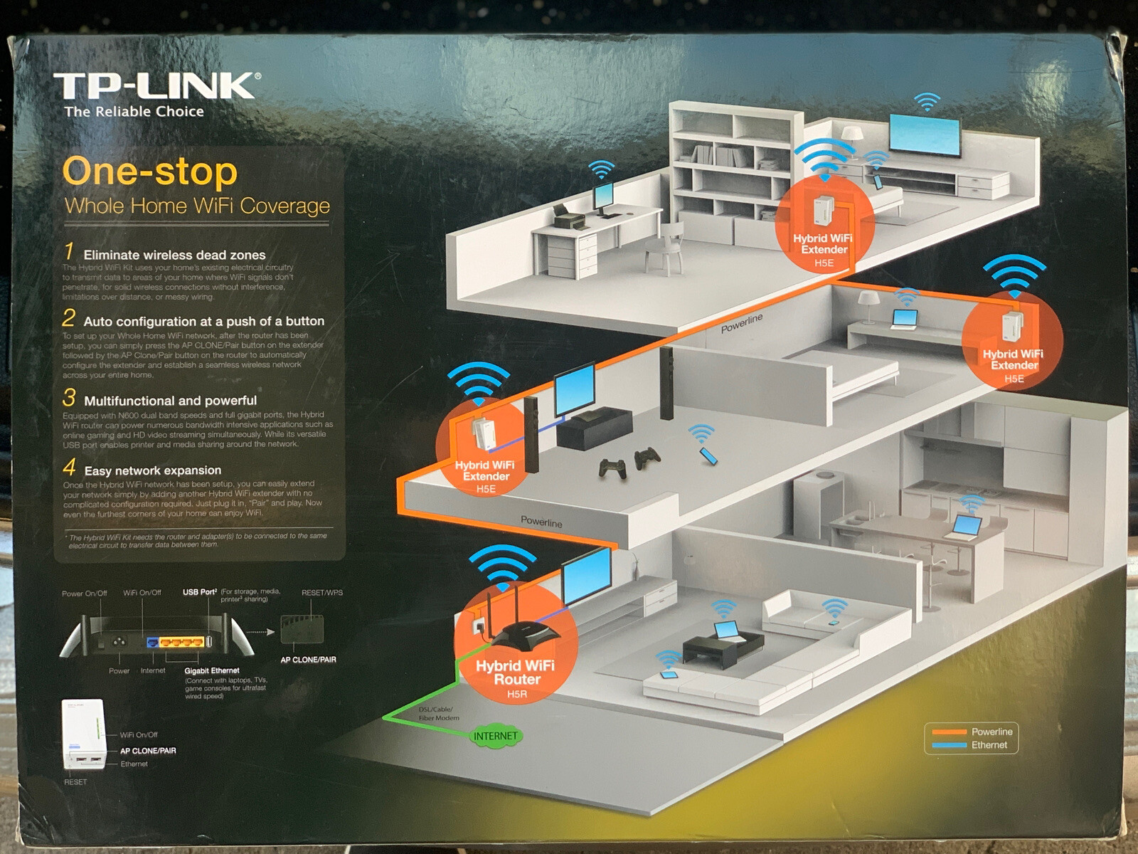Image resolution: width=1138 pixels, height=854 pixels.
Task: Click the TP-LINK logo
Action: (156, 87)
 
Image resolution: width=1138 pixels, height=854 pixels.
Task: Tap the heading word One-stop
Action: (150, 172)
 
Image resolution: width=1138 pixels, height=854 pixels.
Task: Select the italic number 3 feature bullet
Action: (69, 397)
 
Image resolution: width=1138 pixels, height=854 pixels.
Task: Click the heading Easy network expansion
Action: (152, 470)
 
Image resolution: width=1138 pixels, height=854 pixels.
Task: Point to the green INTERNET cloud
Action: (495, 736)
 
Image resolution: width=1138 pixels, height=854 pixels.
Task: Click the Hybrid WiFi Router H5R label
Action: (516, 678)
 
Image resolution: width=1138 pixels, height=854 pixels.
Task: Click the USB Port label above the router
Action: (200, 592)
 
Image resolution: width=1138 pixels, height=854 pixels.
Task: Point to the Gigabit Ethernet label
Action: (212, 670)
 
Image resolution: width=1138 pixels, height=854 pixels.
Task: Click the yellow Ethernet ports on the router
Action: (181, 642)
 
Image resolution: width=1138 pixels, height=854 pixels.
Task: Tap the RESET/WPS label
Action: (321, 593)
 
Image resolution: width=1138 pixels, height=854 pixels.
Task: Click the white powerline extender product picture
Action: (84, 734)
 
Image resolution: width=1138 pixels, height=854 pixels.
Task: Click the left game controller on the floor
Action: (612, 468)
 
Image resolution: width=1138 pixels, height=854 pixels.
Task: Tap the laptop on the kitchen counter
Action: (967, 527)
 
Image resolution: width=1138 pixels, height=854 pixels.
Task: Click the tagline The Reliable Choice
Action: (134, 112)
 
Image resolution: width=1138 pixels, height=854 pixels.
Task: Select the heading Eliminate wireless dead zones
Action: (174, 255)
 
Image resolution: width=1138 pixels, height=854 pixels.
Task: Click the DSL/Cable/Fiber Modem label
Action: (439, 714)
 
